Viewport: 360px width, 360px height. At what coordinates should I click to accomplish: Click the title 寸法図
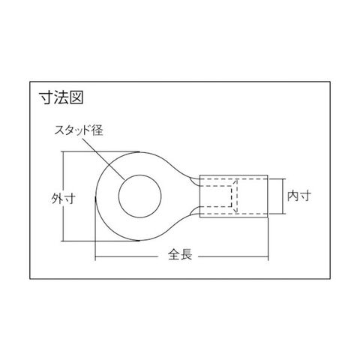coord(61,97)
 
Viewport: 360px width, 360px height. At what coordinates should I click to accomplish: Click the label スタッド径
coord(79,130)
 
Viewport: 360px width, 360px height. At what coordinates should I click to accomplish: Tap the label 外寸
coord(64,199)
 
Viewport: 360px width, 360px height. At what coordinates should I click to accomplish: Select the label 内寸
coord(299,196)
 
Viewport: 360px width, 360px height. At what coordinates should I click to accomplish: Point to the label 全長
coord(180,254)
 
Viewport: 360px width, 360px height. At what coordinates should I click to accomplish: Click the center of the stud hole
coord(140,196)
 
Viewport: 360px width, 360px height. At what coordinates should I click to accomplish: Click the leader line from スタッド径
coord(103,158)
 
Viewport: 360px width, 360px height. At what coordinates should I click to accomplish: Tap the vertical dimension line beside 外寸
coord(64,196)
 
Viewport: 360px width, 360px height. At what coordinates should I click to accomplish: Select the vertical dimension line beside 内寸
coord(283,196)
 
